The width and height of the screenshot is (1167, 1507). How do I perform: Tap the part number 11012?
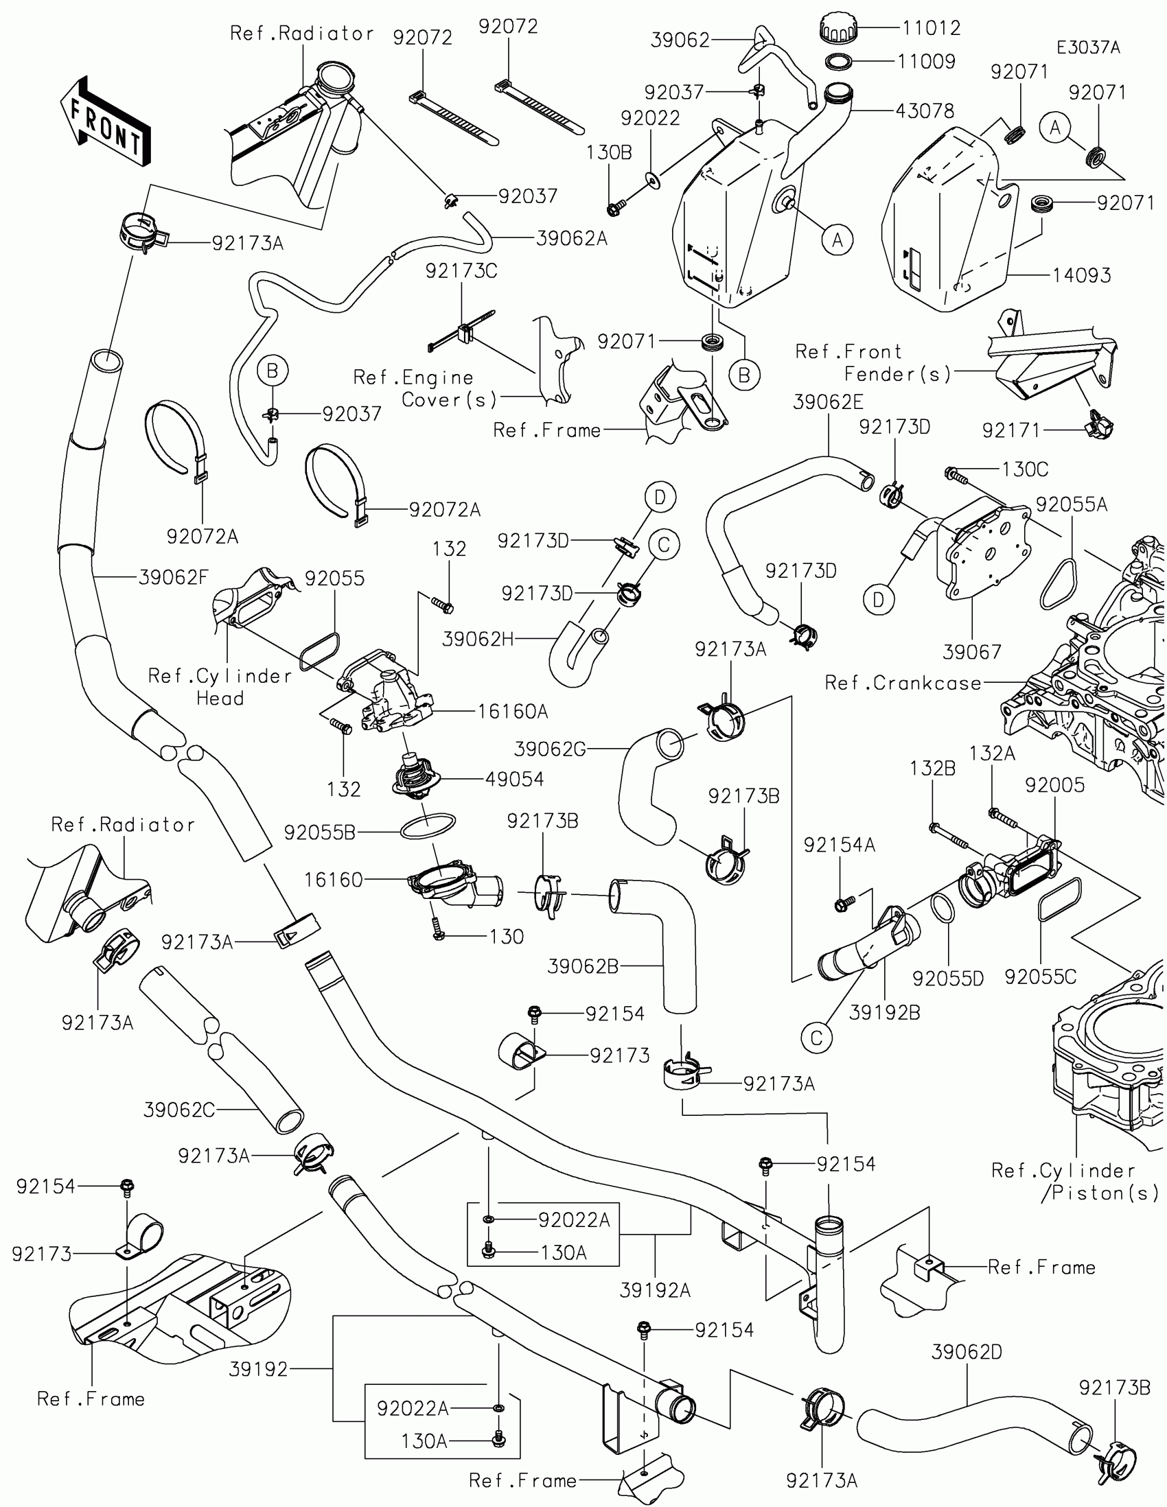(x=931, y=27)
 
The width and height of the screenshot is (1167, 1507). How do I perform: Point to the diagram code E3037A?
(x=1088, y=47)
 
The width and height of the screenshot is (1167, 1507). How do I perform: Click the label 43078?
(x=925, y=110)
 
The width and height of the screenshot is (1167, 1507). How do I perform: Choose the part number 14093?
(x=1081, y=275)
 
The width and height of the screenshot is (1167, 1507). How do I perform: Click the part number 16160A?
(x=513, y=711)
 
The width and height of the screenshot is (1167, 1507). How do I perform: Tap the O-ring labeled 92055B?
(x=428, y=826)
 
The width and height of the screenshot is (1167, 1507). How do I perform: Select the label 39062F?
(x=173, y=577)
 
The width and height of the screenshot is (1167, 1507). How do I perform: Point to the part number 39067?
(x=971, y=651)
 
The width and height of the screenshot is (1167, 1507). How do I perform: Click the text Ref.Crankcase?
(x=903, y=683)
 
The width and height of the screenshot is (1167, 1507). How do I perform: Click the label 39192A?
(x=655, y=1289)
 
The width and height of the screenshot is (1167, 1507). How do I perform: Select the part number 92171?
(x=1011, y=430)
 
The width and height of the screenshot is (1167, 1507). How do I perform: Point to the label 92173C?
(x=461, y=270)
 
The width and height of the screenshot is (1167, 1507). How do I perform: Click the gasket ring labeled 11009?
(x=837, y=61)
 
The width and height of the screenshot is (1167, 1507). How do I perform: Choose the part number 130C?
(x=1025, y=469)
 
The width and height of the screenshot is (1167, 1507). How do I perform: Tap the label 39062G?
(x=550, y=749)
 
